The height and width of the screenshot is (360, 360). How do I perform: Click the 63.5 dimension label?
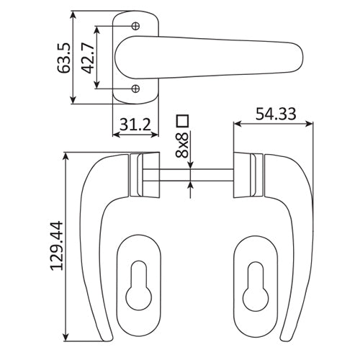[x=63, y=58]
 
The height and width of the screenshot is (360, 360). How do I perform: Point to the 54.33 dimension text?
[x=274, y=112]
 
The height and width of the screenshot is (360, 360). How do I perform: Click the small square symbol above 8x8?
[x=182, y=120]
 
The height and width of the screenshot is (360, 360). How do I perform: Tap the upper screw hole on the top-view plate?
[x=136, y=26]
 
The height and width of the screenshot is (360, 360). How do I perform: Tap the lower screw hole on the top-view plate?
[x=136, y=89]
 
